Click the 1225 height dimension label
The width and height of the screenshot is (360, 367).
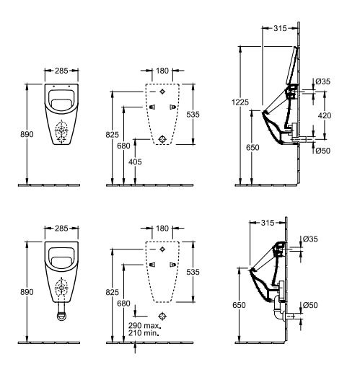pos(240,102)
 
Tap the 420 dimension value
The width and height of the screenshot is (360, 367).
pos(325,115)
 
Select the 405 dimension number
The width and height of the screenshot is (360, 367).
pos(135,162)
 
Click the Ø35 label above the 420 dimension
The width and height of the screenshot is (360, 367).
pos(322,81)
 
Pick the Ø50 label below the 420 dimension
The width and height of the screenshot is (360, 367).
pos(322,151)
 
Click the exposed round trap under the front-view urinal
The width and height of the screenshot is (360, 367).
pos(61,316)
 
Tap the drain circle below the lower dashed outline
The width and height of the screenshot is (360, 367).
pos(162,316)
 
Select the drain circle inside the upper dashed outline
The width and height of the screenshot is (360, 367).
pos(162,139)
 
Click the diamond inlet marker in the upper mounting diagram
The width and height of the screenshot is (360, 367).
pos(162,92)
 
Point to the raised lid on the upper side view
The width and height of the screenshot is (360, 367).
pos(291,65)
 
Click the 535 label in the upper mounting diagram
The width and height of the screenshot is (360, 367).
pos(193,115)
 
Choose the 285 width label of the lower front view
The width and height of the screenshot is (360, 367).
pos(61,228)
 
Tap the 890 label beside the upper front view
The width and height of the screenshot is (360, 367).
pos(27,134)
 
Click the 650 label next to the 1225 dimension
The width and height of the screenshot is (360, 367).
pos(253,147)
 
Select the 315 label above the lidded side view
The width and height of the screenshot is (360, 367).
pos(280,28)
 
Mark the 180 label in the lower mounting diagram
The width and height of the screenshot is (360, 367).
pos(162,228)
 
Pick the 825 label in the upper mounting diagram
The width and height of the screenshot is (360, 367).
pos(112,135)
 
